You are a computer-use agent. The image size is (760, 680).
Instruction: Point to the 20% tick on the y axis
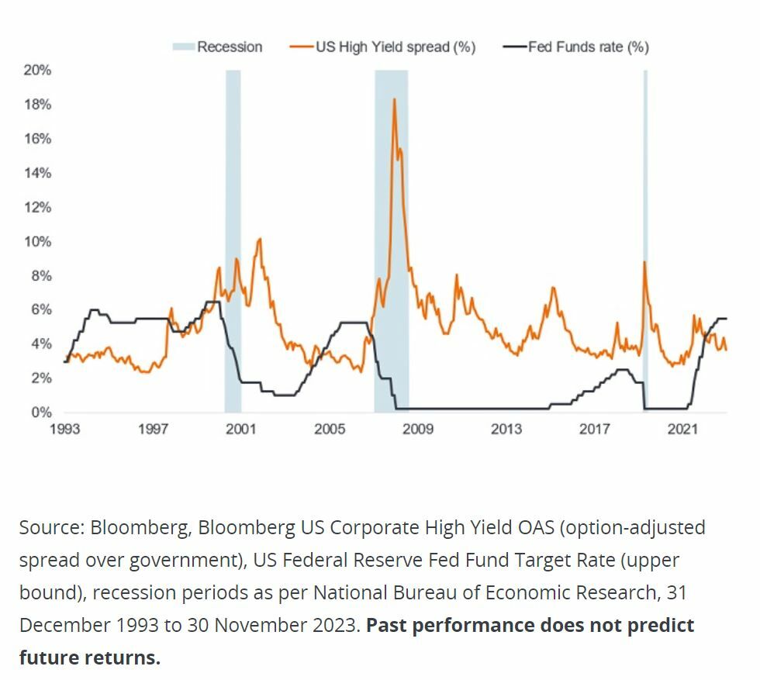click(37, 71)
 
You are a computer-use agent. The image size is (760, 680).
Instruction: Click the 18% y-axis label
click(37, 105)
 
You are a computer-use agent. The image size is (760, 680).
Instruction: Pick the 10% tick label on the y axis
click(37, 241)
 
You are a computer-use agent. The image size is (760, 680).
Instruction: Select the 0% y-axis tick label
click(40, 412)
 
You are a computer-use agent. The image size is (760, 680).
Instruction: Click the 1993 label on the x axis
click(65, 429)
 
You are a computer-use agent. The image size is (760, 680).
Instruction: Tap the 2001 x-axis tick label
click(241, 429)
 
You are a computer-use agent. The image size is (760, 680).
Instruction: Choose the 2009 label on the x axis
click(417, 429)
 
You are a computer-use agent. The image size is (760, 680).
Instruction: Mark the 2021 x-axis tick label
click(683, 429)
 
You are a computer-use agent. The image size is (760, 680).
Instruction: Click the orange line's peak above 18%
click(394, 99)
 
